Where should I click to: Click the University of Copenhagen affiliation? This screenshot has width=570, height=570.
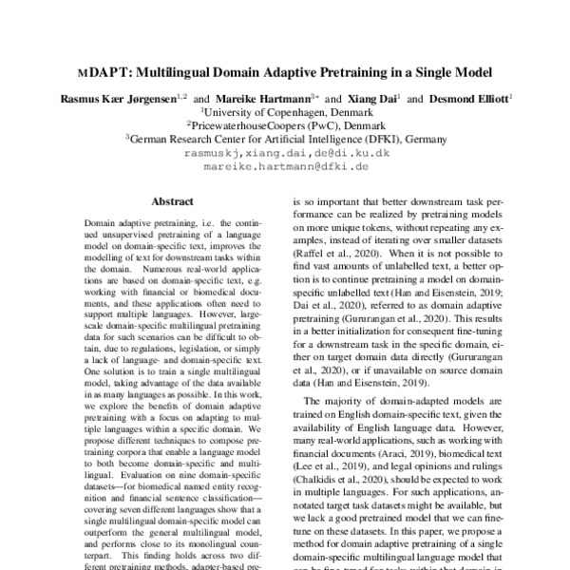[x=286, y=110]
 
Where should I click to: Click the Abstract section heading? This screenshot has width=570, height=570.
[x=172, y=201]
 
